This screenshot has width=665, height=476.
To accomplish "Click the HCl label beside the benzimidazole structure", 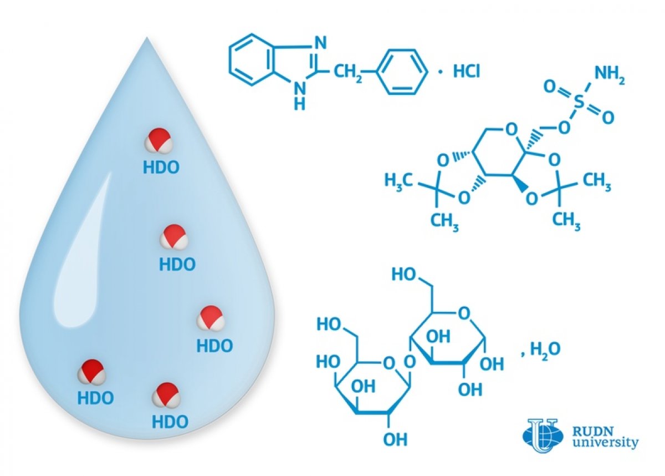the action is pyautogui.click(x=467, y=72).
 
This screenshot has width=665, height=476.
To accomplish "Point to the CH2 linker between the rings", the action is pyautogui.click(x=348, y=73).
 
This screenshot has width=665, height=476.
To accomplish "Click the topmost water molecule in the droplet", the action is pyautogui.click(x=158, y=140).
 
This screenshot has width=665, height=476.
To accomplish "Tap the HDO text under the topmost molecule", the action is pyautogui.click(x=161, y=168).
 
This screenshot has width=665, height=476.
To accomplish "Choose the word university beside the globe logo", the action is pyautogui.click(x=605, y=443).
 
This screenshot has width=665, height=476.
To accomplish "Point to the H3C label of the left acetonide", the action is pyautogui.click(x=398, y=181).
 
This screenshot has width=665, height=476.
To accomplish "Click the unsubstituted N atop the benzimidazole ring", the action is pyautogui.click(x=320, y=43).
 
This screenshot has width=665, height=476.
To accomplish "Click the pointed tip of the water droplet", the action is pyautogui.click(x=147, y=37).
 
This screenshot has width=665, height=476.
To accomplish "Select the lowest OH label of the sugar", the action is pyautogui.click(x=395, y=439).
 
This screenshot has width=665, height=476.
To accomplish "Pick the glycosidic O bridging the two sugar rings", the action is pyautogui.click(x=410, y=362).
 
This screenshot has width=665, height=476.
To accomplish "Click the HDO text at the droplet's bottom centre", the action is pyautogui.click(x=170, y=421).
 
